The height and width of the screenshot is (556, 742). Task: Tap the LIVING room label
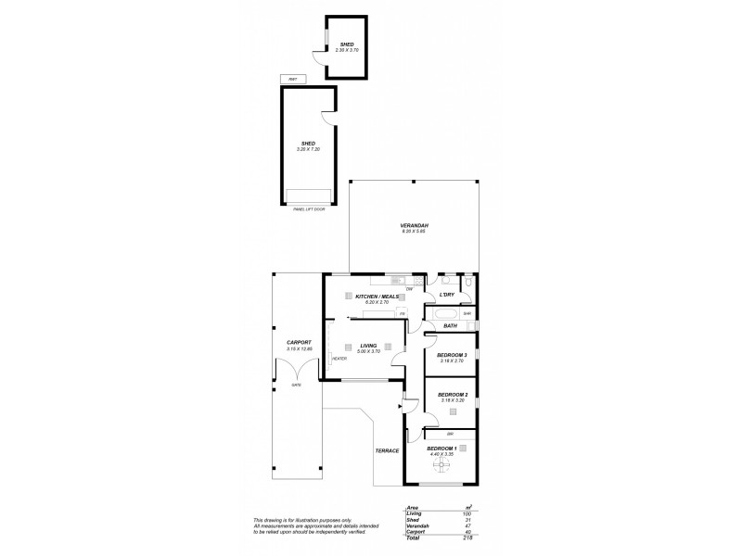click(369, 346)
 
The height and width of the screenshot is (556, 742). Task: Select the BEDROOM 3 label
click(452, 356)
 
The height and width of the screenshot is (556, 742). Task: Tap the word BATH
click(450, 326)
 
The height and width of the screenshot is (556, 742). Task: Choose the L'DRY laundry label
click(446, 295)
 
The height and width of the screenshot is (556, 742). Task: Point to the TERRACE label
click(387, 450)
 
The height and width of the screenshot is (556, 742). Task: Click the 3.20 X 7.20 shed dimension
click(307, 149)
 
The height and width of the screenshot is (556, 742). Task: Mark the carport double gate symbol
click(297, 369)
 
